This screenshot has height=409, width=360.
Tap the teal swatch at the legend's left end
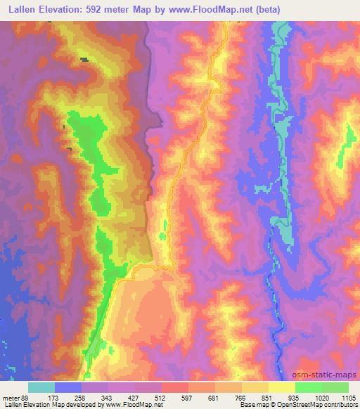(x=42, y=387)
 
